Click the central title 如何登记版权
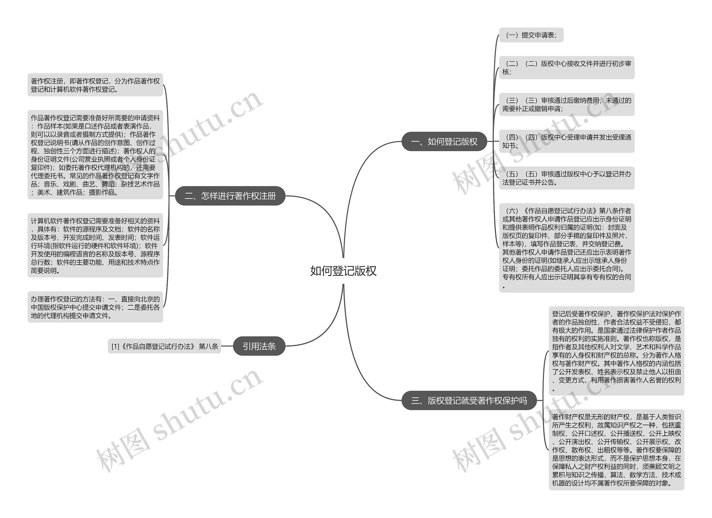pyautogui.click(x=343, y=271)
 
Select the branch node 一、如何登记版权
pyautogui.click(x=444, y=142)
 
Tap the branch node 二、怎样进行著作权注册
pyautogui.click(x=230, y=196)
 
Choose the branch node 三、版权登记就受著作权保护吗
pyautogui.click(x=469, y=401)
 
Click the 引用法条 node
pyautogui.click(x=259, y=346)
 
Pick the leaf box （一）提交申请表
pyautogui.click(x=531, y=35)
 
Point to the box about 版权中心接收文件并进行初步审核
pyautogui.click(x=566, y=68)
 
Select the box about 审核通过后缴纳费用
pyautogui.click(x=566, y=104)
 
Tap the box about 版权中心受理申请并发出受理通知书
pyautogui.click(x=566, y=141)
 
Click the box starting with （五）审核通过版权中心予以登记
pyautogui.click(x=566, y=178)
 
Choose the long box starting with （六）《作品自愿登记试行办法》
pyautogui.click(x=566, y=248)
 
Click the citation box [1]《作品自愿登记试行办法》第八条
pyautogui.click(x=164, y=346)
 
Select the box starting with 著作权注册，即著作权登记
pyautogui.click(x=95, y=85)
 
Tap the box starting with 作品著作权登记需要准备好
pyautogui.click(x=95, y=155)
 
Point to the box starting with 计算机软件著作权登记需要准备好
pyautogui.click(x=95, y=246)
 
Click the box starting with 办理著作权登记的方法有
pyautogui.click(x=95, y=307)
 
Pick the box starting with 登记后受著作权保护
pyautogui.click(x=616, y=351)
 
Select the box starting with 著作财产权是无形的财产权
pyautogui.click(x=616, y=450)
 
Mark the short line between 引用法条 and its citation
pyautogui.click(x=227, y=346)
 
